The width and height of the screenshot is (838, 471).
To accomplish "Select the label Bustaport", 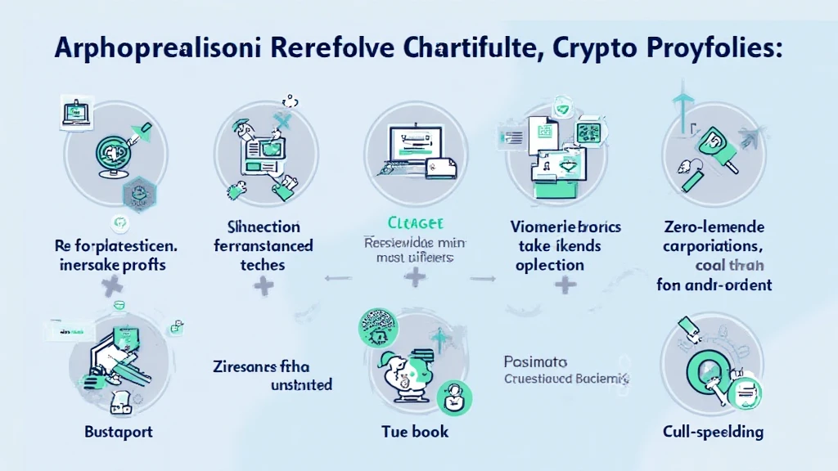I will [x=119, y=431].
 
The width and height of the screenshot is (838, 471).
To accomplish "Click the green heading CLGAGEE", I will [x=415, y=222].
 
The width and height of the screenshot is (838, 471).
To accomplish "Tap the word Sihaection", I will [x=263, y=227].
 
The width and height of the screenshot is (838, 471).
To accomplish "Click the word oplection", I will [x=549, y=265].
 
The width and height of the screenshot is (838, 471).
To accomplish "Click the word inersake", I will [x=86, y=264].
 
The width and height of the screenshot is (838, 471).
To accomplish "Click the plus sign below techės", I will [x=264, y=285].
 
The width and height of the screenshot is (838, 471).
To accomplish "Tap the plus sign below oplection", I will [x=563, y=285].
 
